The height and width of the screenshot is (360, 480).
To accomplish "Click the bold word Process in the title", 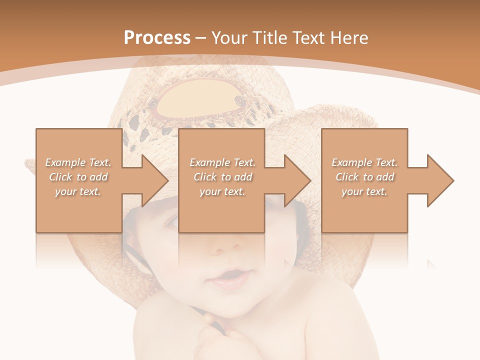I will click(x=157, y=38).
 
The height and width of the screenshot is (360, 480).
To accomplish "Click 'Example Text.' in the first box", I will click(x=78, y=162).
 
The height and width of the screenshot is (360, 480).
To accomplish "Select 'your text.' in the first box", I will click(x=78, y=191).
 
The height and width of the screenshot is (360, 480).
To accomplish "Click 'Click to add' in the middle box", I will click(x=222, y=177).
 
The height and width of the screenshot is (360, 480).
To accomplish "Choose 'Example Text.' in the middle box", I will click(x=222, y=162).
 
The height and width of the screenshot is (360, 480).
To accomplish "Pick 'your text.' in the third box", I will click(x=364, y=191).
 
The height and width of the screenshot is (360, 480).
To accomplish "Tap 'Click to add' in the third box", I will click(x=364, y=177).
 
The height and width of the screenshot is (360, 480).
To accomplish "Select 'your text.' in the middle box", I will click(x=222, y=191).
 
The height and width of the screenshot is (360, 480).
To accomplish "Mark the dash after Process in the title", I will click(x=200, y=38).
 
